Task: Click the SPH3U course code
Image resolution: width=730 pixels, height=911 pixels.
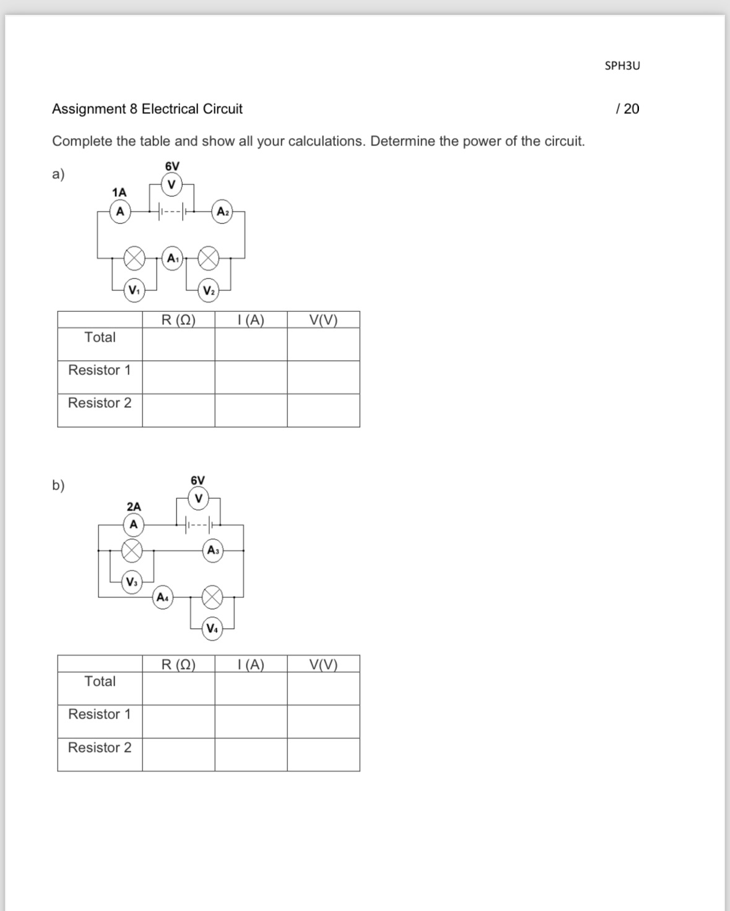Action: tap(622, 66)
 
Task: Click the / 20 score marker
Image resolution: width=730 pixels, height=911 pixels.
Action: tap(628, 109)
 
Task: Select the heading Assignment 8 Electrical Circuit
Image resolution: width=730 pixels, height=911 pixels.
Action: tap(147, 109)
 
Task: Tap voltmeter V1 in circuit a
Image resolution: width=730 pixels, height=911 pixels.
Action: tap(134, 290)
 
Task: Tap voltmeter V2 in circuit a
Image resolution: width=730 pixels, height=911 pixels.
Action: tap(209, 291)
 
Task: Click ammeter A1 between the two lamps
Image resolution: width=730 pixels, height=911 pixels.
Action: tap(172, 258)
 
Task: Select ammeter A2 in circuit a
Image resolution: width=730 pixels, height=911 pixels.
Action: tap(222, 212)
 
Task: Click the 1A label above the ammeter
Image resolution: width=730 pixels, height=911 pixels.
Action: tap(119, 192)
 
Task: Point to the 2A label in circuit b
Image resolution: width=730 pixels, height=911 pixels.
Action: tap(134, 506)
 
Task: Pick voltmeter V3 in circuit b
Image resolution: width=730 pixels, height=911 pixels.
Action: tap(132, 582)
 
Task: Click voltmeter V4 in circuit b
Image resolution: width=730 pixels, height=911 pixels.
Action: tap(212, 629)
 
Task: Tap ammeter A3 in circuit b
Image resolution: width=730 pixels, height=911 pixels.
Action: tap(213, 550)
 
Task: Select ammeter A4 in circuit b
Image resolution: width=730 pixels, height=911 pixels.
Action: tap(162, 597)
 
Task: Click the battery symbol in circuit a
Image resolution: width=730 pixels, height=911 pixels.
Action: tap(172, 212)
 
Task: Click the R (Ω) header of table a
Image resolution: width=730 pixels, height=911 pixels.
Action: tap(178, 320)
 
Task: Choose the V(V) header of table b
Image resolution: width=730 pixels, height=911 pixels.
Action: tap(323, 665)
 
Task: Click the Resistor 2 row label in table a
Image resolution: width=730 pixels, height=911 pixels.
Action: tap(100, 403)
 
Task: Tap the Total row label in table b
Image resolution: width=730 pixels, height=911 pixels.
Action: tap(100, 681)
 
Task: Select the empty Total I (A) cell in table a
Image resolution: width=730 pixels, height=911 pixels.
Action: tap(251, 344)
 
